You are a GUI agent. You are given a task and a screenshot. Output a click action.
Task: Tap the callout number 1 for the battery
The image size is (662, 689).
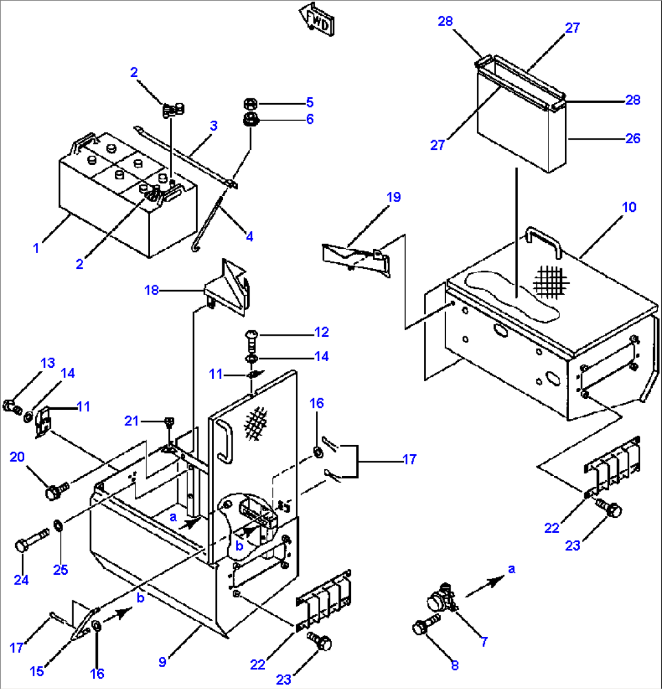coord(36,248)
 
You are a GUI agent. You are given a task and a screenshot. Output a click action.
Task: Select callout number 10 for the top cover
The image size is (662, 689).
coord(629,208)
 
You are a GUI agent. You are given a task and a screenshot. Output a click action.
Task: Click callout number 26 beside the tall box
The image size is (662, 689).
coord(633,138)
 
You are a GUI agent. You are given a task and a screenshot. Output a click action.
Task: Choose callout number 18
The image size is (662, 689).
coord(151,290)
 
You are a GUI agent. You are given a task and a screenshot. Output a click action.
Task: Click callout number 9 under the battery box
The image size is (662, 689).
coord(162,662)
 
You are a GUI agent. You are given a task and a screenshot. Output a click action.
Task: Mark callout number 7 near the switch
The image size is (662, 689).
coord(484,641)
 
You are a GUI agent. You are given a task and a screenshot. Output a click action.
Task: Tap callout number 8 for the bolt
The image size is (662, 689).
coord(454,665)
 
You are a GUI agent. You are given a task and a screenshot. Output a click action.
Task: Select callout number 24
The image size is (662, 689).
coord(21,580)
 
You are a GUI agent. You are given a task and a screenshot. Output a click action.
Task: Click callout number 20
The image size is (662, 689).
coord(18,457)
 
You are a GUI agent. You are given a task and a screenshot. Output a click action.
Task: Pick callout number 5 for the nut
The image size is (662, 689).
coord(310,101)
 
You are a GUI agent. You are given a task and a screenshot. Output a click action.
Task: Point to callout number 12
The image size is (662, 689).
coord(321,332)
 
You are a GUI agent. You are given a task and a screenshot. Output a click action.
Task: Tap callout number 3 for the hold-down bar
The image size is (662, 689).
coord(214,126)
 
